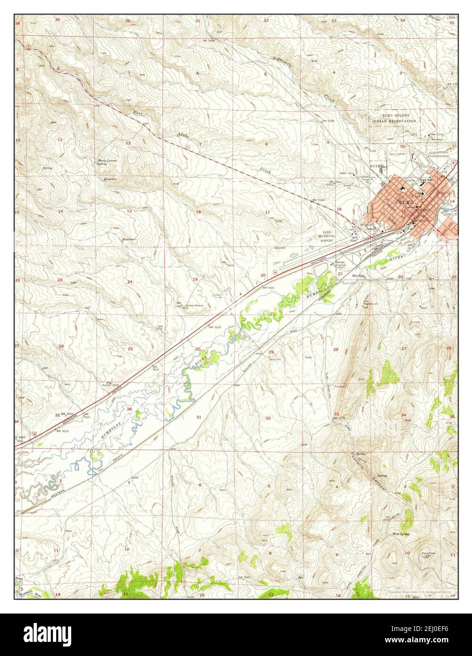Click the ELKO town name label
(394, 202)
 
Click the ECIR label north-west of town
(375, 166)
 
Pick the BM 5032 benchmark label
(215, 327)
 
